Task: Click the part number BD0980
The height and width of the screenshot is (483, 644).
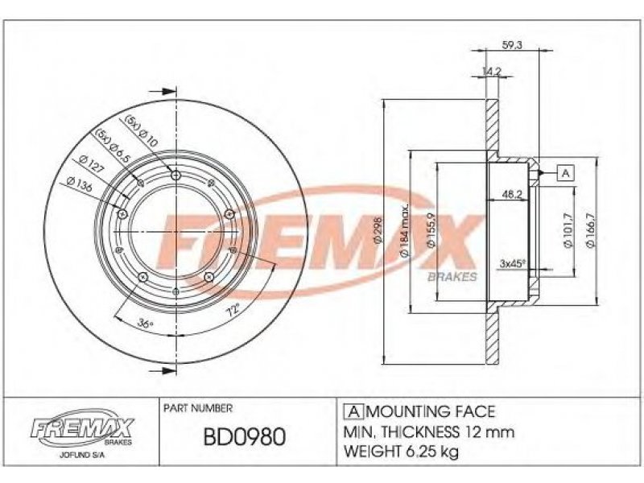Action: click(x=245, y=437)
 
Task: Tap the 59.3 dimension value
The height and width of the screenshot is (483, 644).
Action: click(x=512, y=45)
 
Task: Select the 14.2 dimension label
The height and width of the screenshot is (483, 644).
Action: click(x=492, y=72)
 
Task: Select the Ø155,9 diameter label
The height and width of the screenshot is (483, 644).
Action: click(x=431, y=231)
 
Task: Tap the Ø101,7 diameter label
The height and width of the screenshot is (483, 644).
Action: click(x=568, y=230)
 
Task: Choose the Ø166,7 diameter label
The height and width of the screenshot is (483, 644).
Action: click(x=591, y=230)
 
